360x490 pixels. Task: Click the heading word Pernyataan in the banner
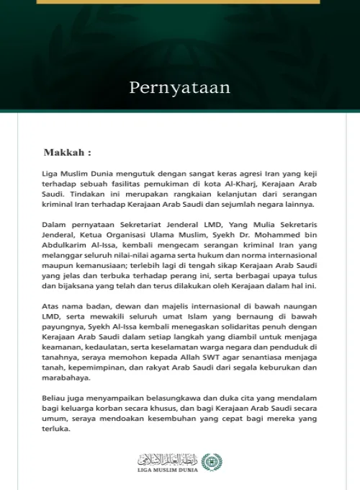point(179,88)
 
